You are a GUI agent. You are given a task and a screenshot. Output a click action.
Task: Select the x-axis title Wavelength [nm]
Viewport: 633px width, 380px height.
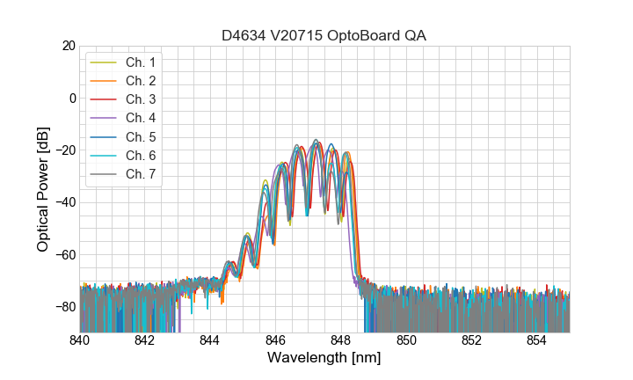click(324, 358)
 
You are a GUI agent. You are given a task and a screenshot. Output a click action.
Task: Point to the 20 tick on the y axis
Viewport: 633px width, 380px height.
click(67, 46)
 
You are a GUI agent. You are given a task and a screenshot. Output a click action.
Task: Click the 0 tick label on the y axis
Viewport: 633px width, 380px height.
click(71, 98)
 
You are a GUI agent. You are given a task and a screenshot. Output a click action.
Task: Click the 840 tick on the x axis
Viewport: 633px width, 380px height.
click(80, 340)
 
